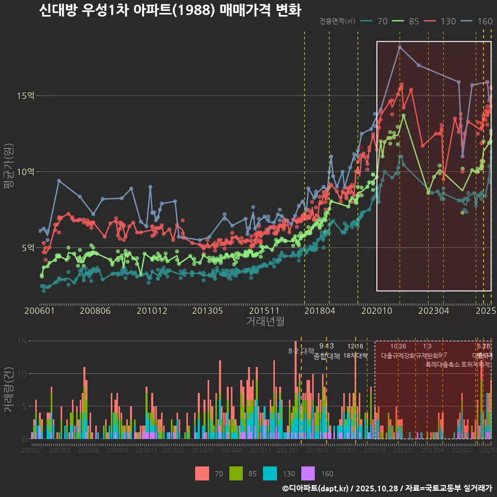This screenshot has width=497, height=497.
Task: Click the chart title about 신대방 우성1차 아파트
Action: [x=170, y=10]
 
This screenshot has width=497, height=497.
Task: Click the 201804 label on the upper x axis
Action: [x=319, y=311]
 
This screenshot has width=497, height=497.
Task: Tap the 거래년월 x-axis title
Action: [x=265, y=321]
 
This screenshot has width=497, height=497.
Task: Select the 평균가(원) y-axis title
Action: [x=9, y=168]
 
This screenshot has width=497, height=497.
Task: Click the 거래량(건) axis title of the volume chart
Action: [x=9, y=389]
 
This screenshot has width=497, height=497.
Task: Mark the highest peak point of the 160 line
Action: [x=400, y=47]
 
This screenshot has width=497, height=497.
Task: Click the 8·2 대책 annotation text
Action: [x=301, y=350]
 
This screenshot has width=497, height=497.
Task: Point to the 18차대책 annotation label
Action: [x=355, y=356]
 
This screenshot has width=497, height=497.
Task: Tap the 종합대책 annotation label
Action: [x=327, y=356]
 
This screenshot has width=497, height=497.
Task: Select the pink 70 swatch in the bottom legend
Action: [x=202, y=473]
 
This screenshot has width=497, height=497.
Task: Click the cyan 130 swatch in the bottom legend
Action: [x=271, y=473]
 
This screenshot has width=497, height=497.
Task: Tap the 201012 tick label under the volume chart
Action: [x=147, y=450]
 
